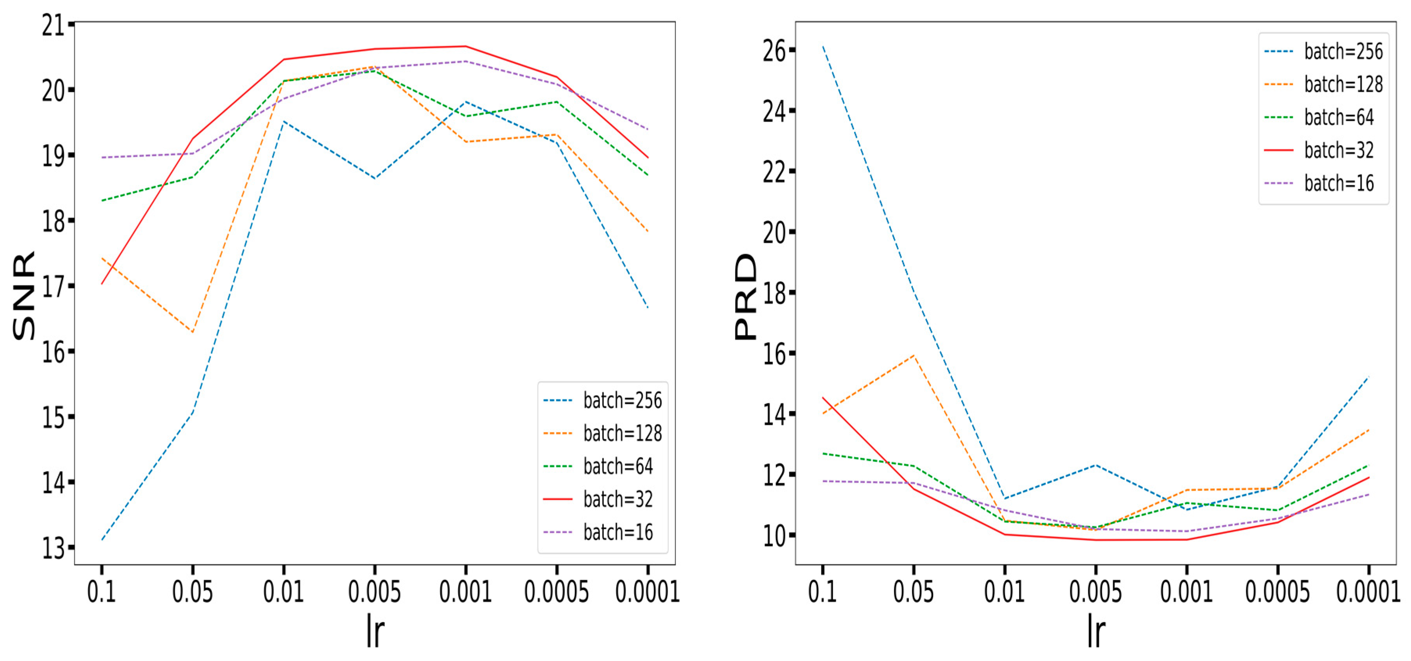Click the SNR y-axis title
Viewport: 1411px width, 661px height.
24,296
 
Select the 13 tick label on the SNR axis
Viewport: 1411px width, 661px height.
54,548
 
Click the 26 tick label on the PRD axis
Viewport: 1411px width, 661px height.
774,51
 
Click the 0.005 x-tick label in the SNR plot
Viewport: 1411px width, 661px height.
375,592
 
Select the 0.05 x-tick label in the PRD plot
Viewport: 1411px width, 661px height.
913,592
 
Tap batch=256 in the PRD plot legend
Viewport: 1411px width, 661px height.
1343,52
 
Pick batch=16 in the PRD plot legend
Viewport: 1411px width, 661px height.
1339,183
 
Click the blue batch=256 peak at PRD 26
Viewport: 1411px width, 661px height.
823,47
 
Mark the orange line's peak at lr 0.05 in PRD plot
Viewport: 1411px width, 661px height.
914,355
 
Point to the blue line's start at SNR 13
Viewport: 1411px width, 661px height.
102,539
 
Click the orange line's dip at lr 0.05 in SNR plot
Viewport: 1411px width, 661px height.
193,332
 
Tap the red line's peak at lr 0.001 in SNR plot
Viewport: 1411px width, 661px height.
466,46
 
